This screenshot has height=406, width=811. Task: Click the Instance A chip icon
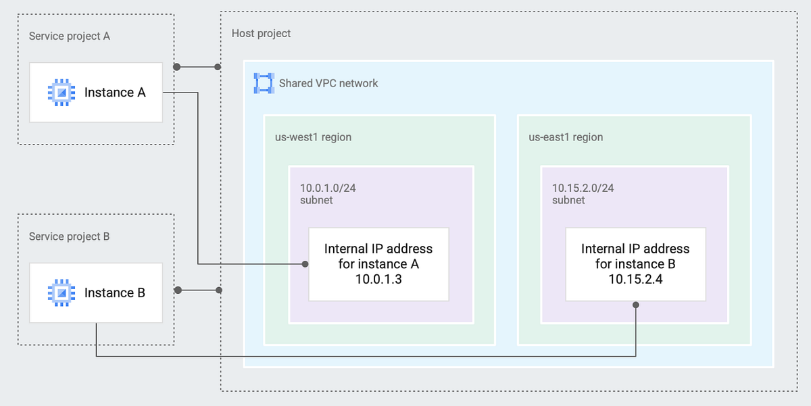pos(61,93)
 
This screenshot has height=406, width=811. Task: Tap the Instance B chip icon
pos(61,293)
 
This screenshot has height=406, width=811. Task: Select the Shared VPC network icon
pos(263,83)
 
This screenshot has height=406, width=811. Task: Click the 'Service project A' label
pos(69,36)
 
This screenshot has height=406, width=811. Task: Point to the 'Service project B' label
pos(69,236)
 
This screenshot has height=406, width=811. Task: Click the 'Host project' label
pos(261,33)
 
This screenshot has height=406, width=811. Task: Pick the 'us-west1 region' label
pos(308,137)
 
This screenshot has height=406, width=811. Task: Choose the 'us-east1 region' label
pos(565,137)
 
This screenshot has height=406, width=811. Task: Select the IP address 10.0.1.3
pos(378,280)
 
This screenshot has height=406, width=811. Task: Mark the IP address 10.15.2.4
pos(635,280)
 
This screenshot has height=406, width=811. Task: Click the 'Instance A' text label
pos(115,93)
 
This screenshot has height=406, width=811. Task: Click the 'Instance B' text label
pos(115,293)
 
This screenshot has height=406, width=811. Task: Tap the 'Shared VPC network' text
pos(328,83)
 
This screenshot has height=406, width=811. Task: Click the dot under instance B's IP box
pos(636,305)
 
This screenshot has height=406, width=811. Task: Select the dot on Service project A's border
pos(176,67)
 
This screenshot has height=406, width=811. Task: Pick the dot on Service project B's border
pos(177,290)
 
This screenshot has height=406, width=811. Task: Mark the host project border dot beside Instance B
pos(219,290)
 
